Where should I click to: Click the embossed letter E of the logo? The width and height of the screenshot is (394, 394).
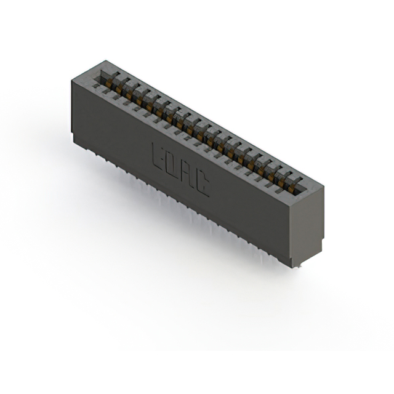[x=158, y=155]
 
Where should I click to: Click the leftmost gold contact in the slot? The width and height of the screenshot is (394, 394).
[x=108, y=82]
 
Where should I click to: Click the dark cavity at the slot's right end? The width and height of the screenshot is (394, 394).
[x=300, y=191]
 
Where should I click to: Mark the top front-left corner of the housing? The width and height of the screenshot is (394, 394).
[x=71, y=80]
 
